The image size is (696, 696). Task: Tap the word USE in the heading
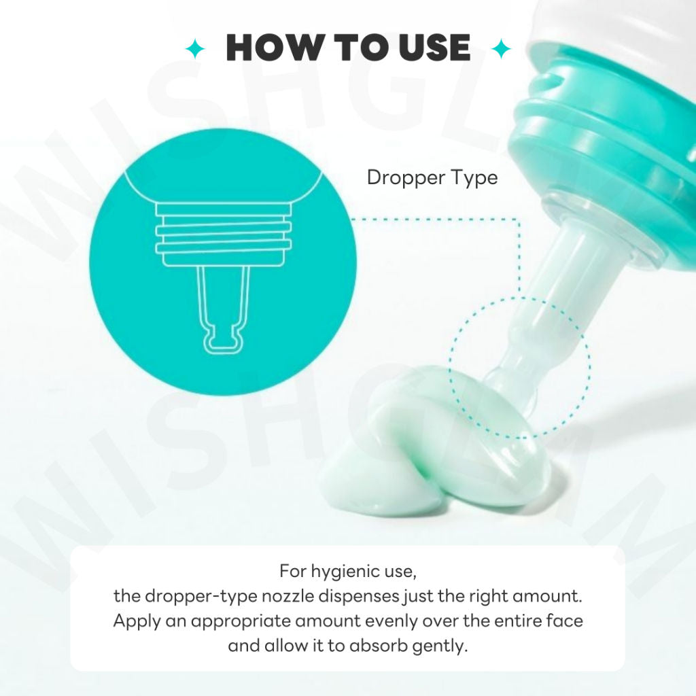434,48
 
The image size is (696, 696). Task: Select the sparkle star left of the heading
195,49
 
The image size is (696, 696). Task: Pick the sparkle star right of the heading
502,49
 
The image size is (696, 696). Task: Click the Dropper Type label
432,178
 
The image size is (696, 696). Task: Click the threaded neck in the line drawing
223,234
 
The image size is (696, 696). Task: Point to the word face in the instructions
564,621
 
